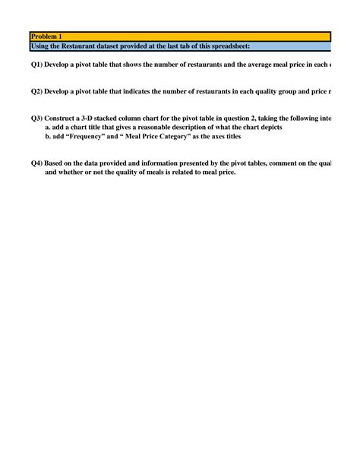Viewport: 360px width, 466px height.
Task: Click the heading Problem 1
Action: pos(47,37)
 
